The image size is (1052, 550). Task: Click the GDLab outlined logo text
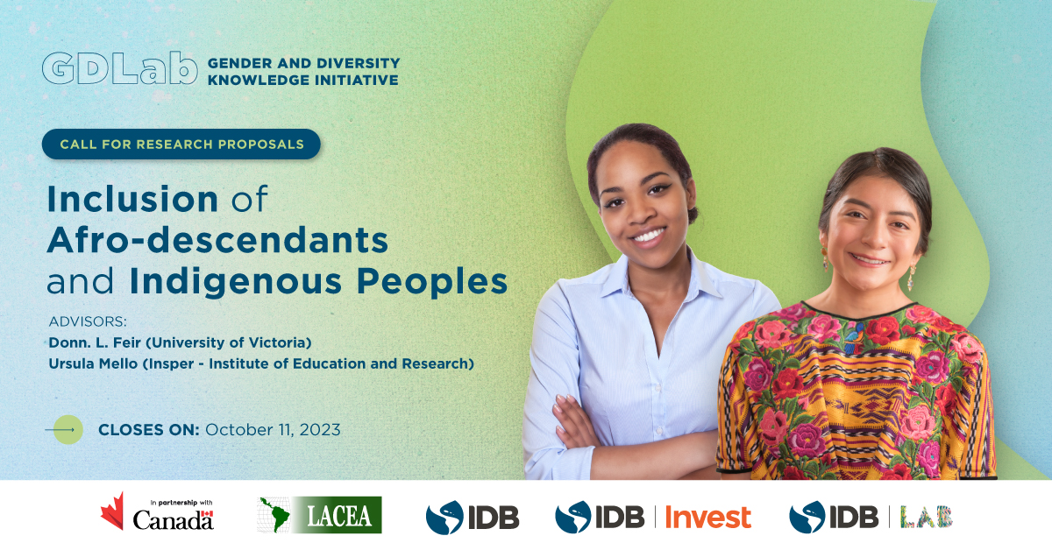(120, 68)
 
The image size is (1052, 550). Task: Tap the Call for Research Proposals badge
(181, 145)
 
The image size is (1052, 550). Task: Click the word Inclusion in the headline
(132, 199)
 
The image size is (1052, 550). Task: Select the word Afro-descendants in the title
(217, 240)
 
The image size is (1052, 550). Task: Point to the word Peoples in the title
(432, 282)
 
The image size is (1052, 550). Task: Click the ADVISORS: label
(88, 321)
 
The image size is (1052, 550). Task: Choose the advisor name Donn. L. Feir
(95, 342)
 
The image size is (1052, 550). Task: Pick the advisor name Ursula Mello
(93, 363)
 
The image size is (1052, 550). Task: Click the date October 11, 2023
(273, 430)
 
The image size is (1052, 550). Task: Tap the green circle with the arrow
(68, 429)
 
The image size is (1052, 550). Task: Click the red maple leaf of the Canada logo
(113, 511)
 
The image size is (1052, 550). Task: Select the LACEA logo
(319, 515)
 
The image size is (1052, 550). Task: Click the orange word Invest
(708, 517)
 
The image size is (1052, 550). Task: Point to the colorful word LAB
(926, 517)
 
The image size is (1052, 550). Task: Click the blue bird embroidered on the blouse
(854, 339)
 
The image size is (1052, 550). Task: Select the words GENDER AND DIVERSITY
(304, 63)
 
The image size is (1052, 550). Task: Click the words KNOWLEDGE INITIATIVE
(303, 81)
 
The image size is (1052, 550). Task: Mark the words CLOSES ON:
(149, 430)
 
